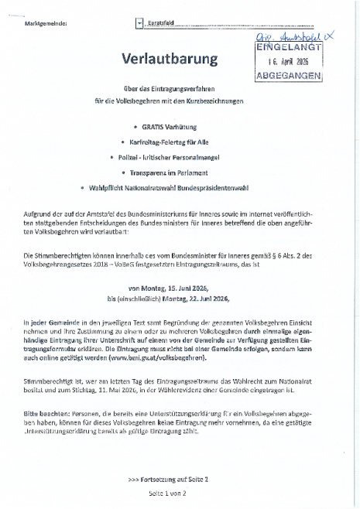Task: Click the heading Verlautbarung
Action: (170, 60)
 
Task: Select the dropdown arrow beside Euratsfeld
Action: (139, 24)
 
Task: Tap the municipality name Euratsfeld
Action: (162, 24)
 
